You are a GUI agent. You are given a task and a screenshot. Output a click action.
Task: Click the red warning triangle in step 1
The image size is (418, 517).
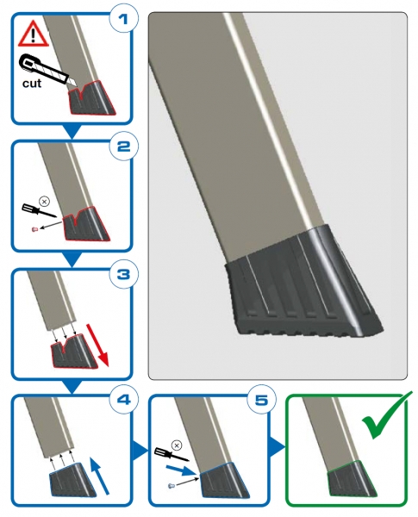pos(34,34)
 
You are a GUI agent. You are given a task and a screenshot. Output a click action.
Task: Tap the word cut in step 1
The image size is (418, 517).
pos(32,84)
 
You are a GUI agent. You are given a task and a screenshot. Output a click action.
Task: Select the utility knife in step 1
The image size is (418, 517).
pos(48,69)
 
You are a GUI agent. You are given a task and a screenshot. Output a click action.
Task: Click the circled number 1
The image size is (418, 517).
pos(123,20)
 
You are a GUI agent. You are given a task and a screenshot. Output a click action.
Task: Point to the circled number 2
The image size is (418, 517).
pos(123,146)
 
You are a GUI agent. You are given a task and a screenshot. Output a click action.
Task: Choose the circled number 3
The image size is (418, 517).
pos(123,274)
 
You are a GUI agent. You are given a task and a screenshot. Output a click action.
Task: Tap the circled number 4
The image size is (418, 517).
pos(123,400)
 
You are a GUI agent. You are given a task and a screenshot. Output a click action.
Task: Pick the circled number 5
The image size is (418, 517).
pos(261,400)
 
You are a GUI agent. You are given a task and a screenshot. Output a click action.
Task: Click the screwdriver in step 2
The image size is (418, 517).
pos(40,211)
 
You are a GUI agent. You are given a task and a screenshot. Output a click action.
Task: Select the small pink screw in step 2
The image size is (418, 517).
pos(34,229)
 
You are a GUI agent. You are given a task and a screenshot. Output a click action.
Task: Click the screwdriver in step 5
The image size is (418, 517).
pos(172,454)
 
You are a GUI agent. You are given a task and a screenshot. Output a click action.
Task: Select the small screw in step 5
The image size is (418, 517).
pos(171,486)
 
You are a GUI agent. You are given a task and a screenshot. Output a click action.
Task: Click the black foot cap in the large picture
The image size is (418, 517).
pos(303,285)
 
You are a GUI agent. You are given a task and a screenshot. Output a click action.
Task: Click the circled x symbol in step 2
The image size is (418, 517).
pos(44,201)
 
